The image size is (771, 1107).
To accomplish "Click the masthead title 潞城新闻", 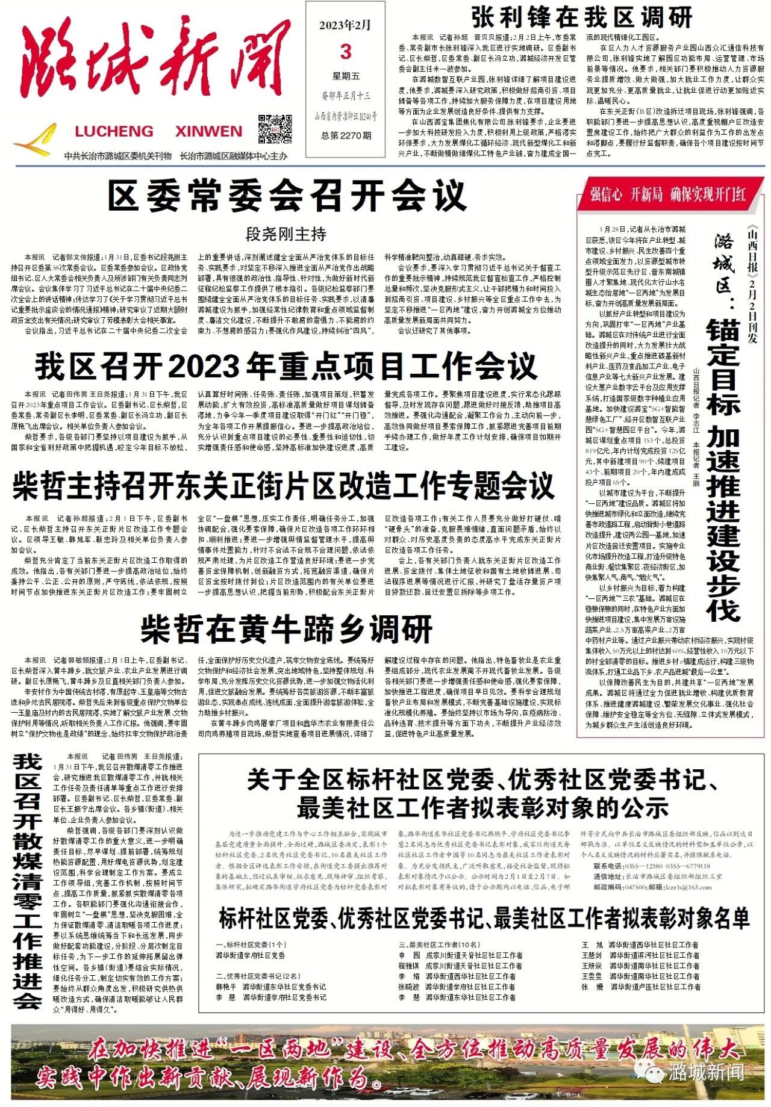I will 154,66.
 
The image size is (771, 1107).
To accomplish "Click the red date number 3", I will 346,52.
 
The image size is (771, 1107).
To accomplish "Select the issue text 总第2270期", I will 346,135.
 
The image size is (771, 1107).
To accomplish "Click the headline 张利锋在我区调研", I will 581,18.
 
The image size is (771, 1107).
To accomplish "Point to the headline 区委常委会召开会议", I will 287,195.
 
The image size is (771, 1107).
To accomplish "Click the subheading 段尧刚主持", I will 286,234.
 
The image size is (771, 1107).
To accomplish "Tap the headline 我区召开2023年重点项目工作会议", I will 286,365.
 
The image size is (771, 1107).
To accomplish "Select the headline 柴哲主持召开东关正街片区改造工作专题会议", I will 283,486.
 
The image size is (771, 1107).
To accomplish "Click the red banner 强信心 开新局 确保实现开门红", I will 668,194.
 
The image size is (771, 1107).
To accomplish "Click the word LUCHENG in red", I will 114,131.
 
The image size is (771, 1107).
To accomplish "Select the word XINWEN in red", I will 208,131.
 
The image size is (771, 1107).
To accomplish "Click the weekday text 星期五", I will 346,76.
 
